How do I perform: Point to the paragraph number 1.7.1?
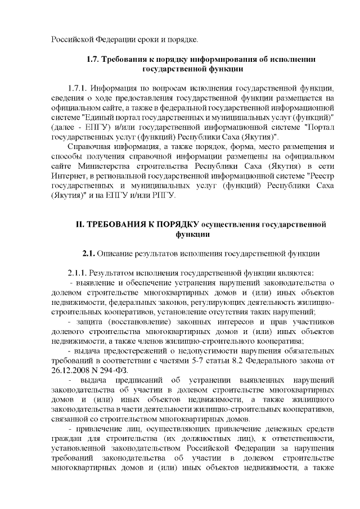point(78,88)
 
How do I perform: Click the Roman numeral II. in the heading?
point(79,225)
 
